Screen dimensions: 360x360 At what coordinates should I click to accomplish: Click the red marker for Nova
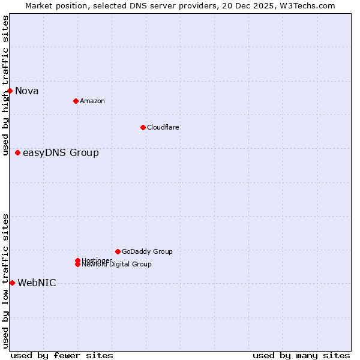10,91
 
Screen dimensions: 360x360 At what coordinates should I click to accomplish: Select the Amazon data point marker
76,101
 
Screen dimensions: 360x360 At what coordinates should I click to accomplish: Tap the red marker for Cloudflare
143,127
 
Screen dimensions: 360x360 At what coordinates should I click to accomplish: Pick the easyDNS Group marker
17,152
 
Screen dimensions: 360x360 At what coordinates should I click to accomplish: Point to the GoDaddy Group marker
118,251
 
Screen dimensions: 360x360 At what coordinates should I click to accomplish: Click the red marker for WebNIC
12,283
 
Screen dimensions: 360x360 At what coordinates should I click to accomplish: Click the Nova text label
26,91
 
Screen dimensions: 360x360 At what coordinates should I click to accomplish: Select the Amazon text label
92,101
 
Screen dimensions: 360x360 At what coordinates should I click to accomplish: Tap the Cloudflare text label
163,127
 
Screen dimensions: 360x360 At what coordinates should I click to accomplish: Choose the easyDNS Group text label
61,153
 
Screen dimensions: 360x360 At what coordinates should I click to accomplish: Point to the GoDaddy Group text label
146,251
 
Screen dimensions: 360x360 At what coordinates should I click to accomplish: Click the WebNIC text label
37,283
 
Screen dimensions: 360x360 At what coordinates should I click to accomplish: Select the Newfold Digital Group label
116,265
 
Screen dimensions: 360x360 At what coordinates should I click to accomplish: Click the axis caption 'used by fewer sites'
62,355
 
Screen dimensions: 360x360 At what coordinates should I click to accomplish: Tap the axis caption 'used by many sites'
301,355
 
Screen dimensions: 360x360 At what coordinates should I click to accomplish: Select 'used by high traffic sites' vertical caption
5,85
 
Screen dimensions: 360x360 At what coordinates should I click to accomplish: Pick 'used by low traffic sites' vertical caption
5,281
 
